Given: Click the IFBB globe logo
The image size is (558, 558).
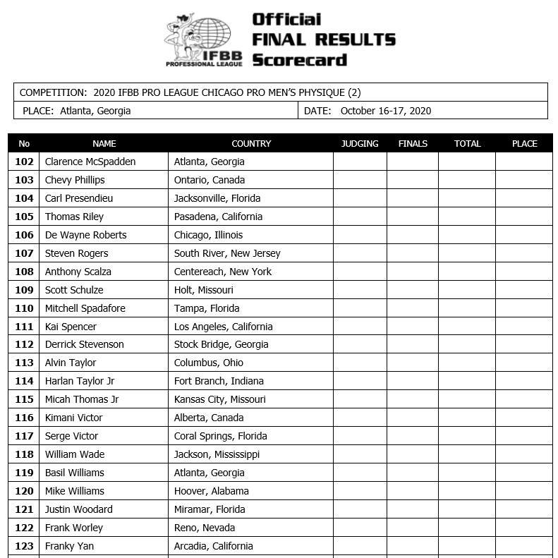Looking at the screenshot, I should (x=203, y=39).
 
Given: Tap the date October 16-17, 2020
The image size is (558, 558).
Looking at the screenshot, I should (x=385, y=111).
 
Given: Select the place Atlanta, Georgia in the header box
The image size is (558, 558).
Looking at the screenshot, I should (x=95, y=111).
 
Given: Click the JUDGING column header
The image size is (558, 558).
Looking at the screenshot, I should (x=360, y=143).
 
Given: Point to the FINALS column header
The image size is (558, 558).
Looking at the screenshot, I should (x=413, y=143).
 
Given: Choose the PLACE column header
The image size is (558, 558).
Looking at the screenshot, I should (x=524, y=143).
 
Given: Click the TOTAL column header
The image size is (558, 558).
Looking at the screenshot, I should (x=467, y=143).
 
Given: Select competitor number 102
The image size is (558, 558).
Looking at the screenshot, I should (x=24, y=162).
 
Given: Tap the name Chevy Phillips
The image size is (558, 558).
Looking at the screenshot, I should (x=75, y=180).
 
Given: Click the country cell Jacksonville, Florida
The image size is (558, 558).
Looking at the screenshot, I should (x=217, y=198).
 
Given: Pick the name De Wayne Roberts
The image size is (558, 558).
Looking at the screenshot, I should (x=86, y=235).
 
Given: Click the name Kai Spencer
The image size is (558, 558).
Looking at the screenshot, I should (x=71, y=327).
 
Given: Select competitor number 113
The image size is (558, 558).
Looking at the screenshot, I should (x=24, y=363).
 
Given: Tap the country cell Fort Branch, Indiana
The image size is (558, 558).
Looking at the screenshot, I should (x=219, y=381).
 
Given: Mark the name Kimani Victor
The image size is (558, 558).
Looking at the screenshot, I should (x=74, y=418).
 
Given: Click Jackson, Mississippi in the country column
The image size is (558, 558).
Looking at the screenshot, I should (x=217, y=454).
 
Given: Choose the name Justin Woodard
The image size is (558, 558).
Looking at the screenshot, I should (x=79, y=509).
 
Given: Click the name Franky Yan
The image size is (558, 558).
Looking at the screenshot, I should (x=69, y=546).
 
